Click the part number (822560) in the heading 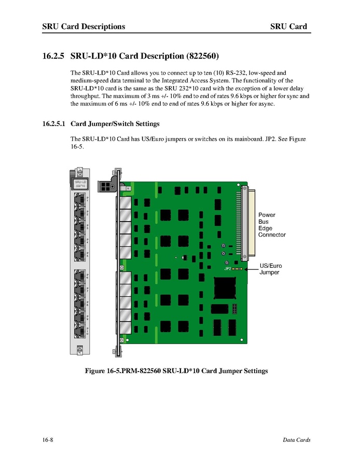click(198, 55)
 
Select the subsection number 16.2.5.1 click(54, 124)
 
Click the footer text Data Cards click(296, 440)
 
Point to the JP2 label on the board click(227, 269)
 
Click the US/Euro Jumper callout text click(271, 269)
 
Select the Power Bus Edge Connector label click(271, 225)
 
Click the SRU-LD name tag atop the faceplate click(79, 183)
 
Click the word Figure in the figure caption click(98, 371)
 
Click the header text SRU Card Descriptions click(84, 26)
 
